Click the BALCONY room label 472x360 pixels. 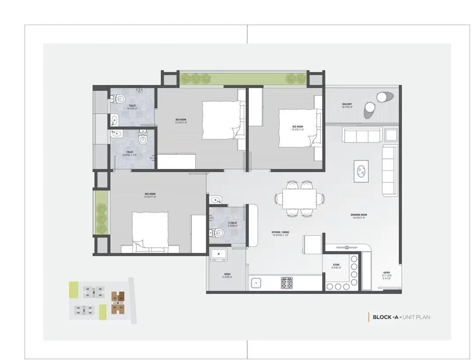point(347,105)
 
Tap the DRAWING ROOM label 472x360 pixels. point(360,215)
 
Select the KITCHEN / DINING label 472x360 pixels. point(280,232)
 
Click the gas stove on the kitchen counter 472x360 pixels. point(287,283)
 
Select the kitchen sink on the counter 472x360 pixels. point(256,283)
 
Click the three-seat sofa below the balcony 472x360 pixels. point(362,135)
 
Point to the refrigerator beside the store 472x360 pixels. point(313,244)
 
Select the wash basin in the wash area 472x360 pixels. point(219,255)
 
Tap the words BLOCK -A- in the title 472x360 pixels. point(387,317)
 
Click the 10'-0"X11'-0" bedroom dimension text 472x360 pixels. point(297,130)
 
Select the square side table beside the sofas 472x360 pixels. point(390,135)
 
